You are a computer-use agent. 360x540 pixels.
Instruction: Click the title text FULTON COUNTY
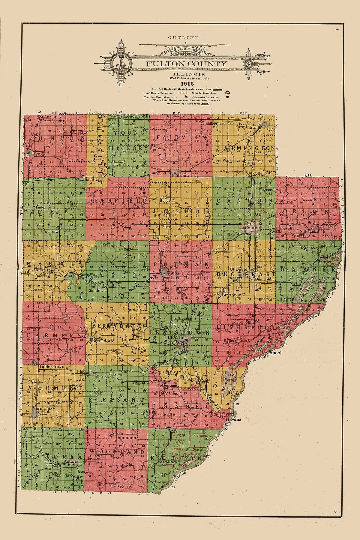click(186, 64)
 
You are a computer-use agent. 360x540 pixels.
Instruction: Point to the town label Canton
click(252, 228)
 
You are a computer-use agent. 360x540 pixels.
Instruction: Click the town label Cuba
click(173, 274)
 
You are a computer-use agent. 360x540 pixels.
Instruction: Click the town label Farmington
click(247, 127)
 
